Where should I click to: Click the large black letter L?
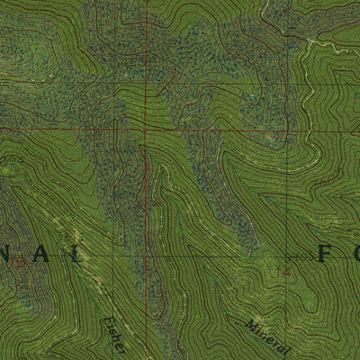79,256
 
